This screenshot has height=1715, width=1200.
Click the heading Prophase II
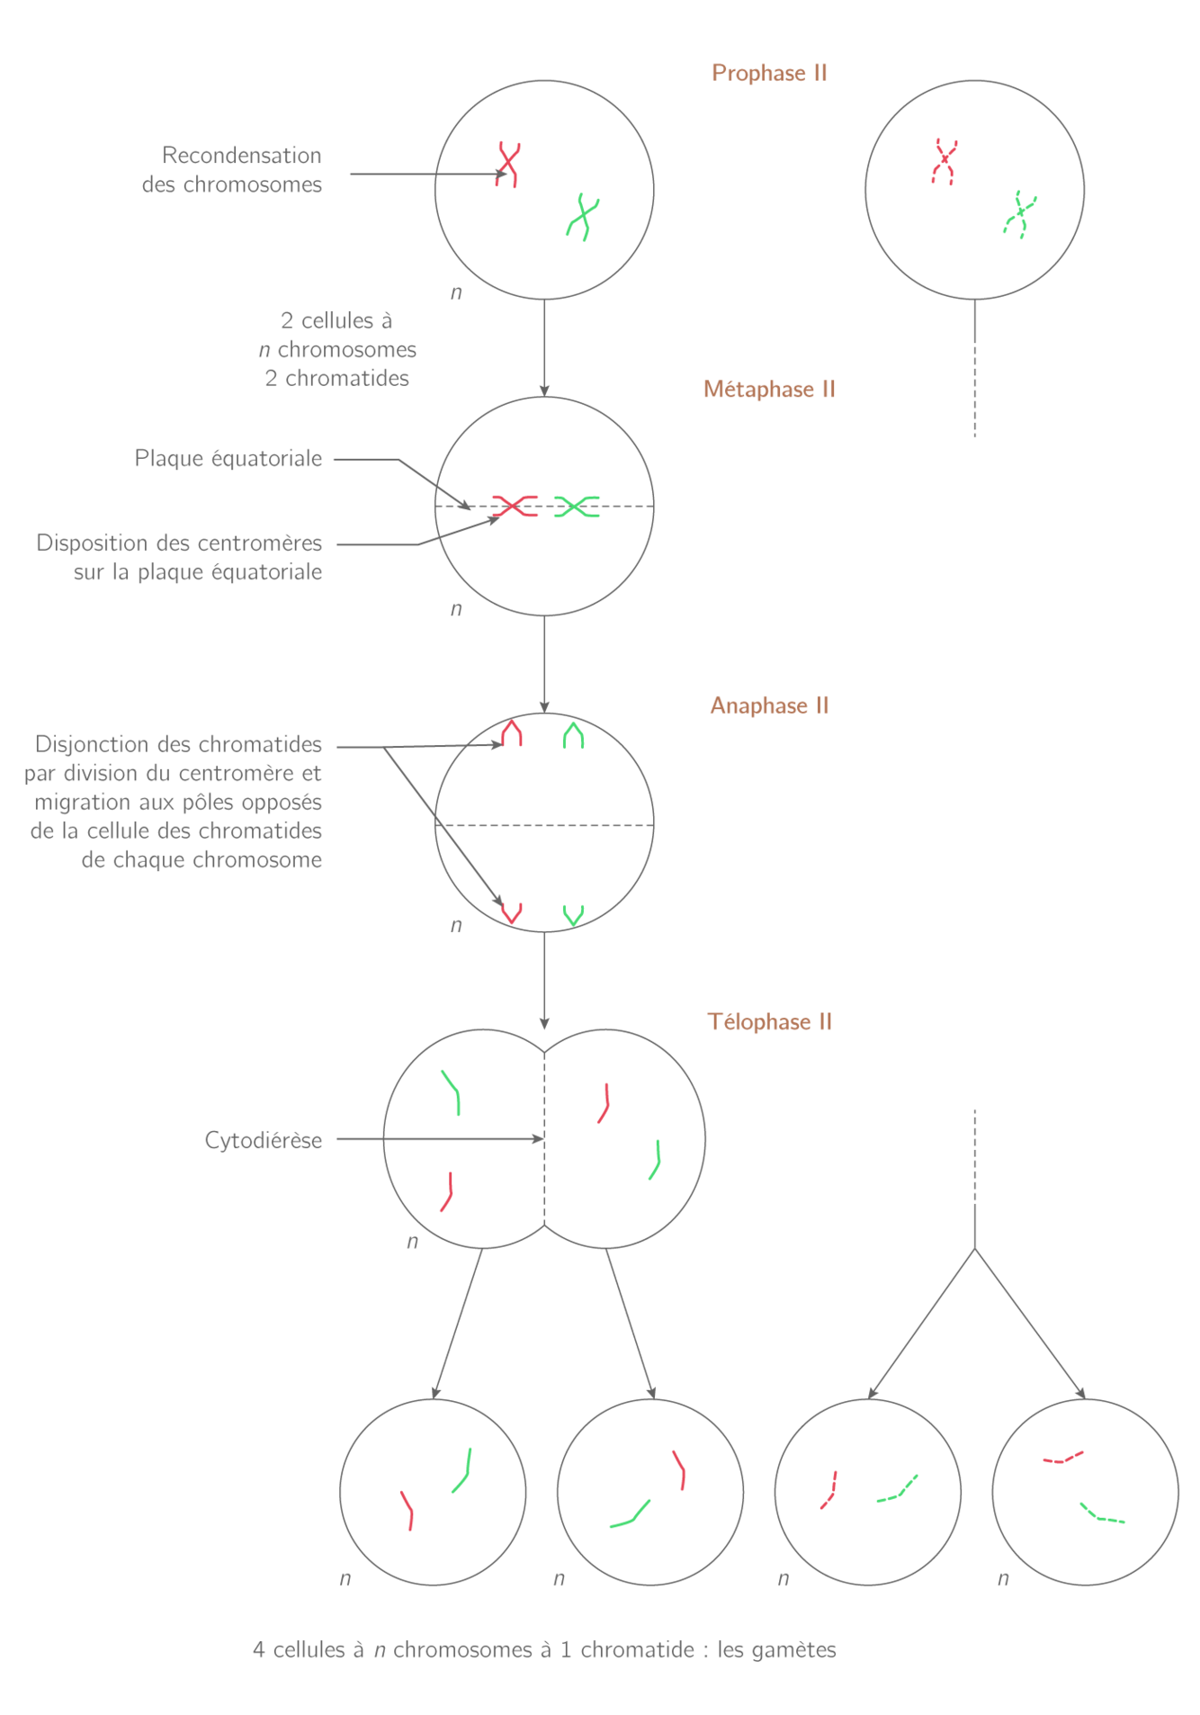(769, 74)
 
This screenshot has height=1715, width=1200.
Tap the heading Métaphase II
(769, 390)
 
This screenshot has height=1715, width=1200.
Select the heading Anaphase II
(769, 705)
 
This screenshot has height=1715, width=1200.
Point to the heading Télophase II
(769, 1022)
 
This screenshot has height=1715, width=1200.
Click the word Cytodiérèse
(263, 1141)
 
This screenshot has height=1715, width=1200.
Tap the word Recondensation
(241, 156)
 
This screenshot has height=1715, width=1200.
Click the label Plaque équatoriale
(228, 459)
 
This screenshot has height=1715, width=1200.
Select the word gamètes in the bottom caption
(794, 1650)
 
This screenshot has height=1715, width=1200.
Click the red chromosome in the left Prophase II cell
(508, 164)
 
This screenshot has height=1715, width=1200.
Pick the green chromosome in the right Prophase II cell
(1020, 214)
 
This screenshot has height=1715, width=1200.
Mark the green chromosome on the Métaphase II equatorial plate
(577, 506)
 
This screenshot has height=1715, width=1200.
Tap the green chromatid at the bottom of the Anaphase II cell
(573, 915)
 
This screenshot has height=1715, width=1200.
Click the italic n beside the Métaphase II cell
(456, 609)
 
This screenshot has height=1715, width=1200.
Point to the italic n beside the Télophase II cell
(413, 1243)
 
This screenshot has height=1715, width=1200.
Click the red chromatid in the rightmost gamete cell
(1063, 1457)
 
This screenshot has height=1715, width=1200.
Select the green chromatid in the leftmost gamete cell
(462, 1470)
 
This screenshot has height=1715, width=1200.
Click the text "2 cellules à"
(336, 321)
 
